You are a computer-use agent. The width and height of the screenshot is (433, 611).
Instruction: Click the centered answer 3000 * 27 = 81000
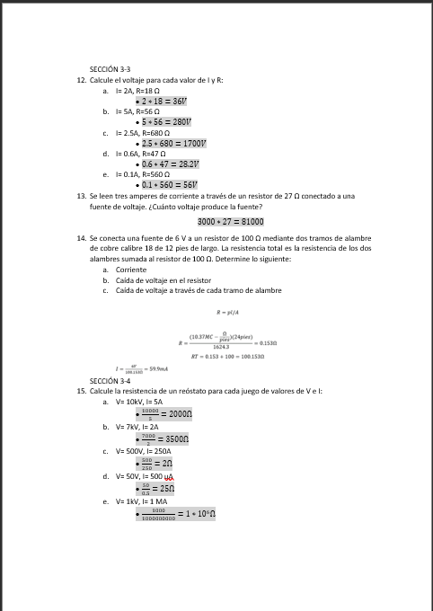pyautogui.click(x=230, y=221)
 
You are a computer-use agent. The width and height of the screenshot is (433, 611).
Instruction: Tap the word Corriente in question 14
pyautogui.click(x=131, y=269)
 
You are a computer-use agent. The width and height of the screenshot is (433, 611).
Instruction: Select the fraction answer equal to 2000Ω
pyautogui.click(x=165, y=413)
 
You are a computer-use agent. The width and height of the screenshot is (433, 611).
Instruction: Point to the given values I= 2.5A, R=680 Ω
pyautogui.click(x=146, y=132)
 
